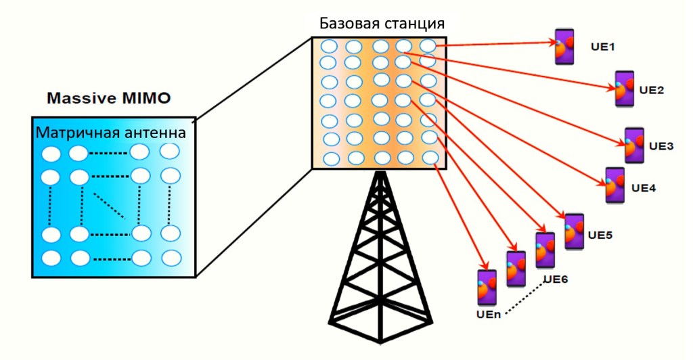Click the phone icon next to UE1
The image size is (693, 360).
click(x=565, y=47)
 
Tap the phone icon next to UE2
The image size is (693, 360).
click(x=624, y=89)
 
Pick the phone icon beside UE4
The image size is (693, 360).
click(x=614, y=185)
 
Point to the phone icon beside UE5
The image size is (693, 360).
click(x=574, y=232)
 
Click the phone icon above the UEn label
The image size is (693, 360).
click(x=487, y=288)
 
